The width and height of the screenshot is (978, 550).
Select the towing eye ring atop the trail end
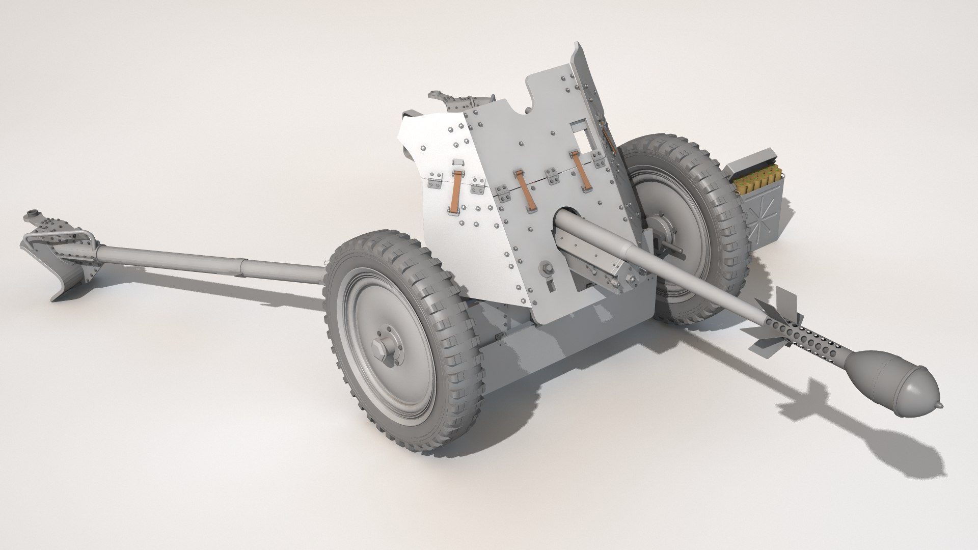pos(34,214)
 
